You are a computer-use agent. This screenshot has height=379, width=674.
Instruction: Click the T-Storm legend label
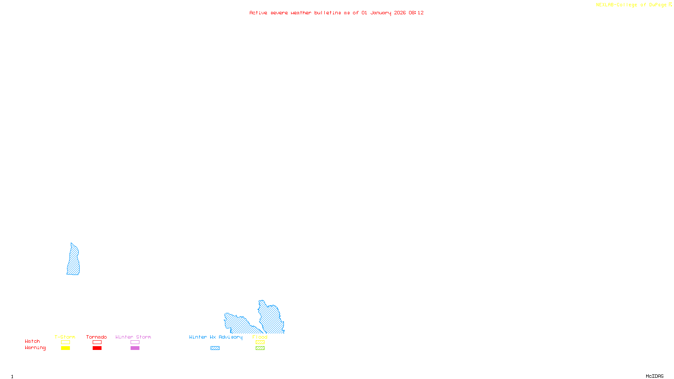pyautogui.click(x=65, y=337)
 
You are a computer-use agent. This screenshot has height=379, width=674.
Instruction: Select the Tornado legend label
pyautogui.click(x=96, y=337)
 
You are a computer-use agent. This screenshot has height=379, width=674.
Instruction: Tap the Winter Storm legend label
pyautogui.click(x=133, y=337)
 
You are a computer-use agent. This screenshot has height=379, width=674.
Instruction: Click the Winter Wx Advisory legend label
pyautogui.click(x=216, y=337)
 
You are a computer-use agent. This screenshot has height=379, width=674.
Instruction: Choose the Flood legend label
pyautogui.click(x=260, y=337)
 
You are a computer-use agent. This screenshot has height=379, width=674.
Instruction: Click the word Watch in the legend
pyautogui.click(x=32, y=341)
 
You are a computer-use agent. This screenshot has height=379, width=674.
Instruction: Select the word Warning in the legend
pyautogui.click(x=35, y=348)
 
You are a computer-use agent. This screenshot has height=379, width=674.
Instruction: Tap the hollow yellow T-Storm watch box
pyautogui.click(x=65, y=342)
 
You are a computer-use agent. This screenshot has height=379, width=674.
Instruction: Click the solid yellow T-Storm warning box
pyautogui.click(x=65, y=348)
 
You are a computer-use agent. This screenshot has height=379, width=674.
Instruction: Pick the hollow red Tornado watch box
pyautogui.click(x=97, y=342)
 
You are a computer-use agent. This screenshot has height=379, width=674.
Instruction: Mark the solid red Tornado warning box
pyautogui.click(x=97, y=348)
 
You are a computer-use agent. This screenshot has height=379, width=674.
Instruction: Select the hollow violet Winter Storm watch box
pyautogui.click(x=135, y=342)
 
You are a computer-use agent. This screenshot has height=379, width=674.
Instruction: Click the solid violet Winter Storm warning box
pyautogui.click(x=135, y=348)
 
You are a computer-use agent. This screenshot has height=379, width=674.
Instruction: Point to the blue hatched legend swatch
pyautogui.click(x=215, y=348)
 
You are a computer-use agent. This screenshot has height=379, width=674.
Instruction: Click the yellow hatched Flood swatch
pyautogui.click(x=260, y=342)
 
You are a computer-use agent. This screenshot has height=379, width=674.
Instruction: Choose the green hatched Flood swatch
pyautogui.click(x=260, y=348)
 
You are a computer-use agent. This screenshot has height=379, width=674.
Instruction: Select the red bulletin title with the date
pyautogui.click(x=337, y=13)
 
